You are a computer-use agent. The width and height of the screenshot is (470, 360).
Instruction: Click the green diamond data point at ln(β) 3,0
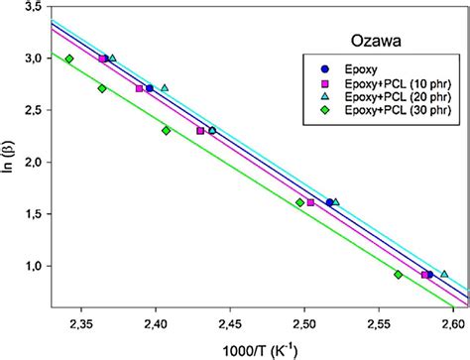68,60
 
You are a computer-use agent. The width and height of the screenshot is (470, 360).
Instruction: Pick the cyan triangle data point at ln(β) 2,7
165,87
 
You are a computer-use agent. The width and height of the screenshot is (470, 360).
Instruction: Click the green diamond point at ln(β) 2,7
102,89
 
